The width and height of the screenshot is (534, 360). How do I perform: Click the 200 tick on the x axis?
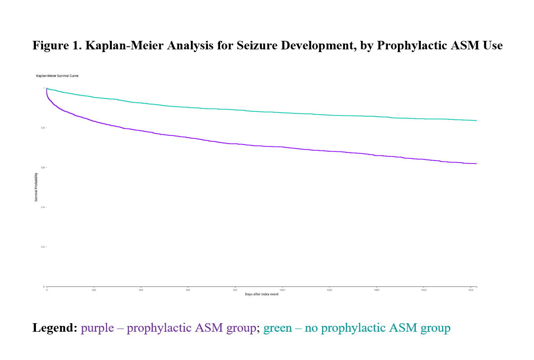[x=94, y=290]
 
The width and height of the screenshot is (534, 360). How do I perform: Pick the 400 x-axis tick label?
[x=141, y=290]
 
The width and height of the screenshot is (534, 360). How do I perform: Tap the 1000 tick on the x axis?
[x=282, y=290]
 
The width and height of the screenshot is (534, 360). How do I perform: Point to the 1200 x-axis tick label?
[x=329, y=290]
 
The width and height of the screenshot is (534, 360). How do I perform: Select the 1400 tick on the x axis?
[x=376, y=290]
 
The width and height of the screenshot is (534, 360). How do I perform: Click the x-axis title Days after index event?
[x=261, y=294]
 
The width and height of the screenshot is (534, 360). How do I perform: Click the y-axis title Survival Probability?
[x=36, y=187]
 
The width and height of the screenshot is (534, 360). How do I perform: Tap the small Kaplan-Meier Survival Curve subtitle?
[x=57, y=76]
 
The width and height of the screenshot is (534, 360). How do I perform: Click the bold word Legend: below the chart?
[x=54, y=328]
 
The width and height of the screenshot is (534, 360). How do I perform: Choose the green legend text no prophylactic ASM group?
[x=357, y=328]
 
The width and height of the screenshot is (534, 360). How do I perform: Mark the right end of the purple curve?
[x=476, y=163]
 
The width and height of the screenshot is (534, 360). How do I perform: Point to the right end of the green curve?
[x=476, y=120]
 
